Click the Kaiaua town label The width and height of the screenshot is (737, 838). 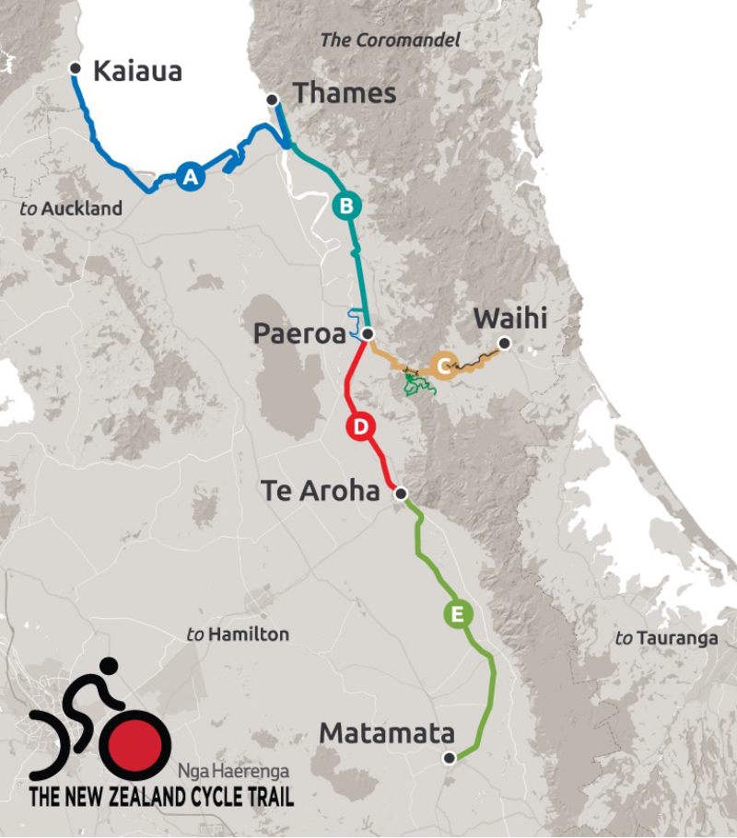click(138, 72)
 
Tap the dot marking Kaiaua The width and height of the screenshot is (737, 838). click(76, 67)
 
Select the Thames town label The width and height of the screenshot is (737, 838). click(344, 93)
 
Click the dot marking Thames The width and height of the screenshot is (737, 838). click(272, 99)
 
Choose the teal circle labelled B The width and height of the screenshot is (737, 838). click(346, 206)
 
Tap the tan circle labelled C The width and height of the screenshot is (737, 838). click(444, 365)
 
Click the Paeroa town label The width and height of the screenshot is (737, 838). click(298, 334)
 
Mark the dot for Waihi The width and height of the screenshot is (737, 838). click(505, 344)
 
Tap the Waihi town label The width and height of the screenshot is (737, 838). click(509, 319)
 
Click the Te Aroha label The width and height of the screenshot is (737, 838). click(320, 491)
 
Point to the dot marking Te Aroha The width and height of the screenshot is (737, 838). click(401, 495)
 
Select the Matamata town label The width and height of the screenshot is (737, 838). click(387, 734)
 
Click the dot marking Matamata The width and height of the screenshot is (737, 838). click(449, 758)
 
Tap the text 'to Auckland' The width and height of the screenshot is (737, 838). click(71, 209)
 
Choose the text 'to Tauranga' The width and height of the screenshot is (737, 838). click(666, 638)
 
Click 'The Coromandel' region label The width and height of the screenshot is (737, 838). click(390, 41)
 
